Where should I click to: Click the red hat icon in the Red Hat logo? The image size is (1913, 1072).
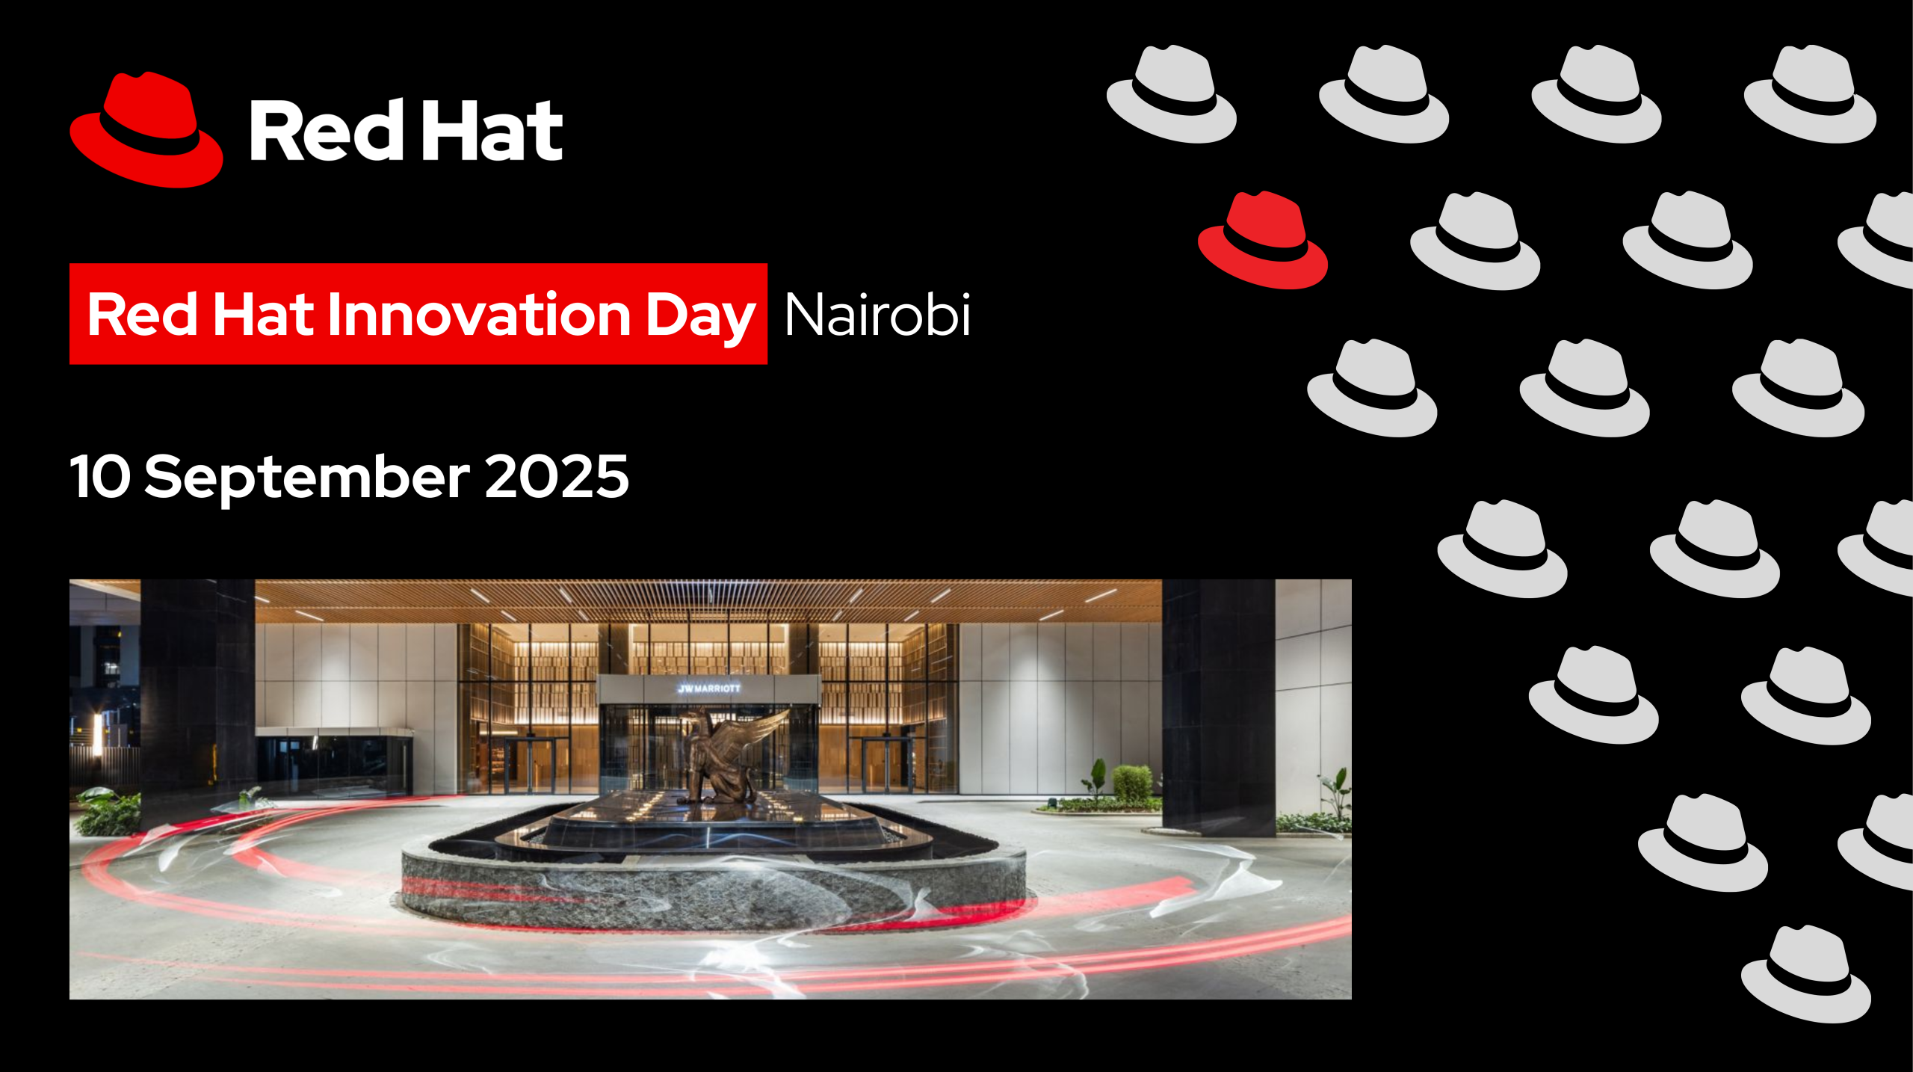coord(146,130)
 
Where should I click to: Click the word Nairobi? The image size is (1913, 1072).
coord(877,315)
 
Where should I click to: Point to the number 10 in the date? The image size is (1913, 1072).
coord(100,476)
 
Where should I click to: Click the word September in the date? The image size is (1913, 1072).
coord(307,479)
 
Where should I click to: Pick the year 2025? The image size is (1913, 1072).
coord(557,476)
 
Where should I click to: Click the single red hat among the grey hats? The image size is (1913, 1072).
coord(1263,240)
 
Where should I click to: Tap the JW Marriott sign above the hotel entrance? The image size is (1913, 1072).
coord(708,688)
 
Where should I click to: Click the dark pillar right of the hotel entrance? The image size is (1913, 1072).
coord(1218,707)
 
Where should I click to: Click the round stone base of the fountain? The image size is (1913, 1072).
coord(714,886)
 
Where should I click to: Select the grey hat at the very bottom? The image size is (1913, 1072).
coord(1806,974)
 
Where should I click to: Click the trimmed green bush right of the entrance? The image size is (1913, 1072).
coord(1132,783)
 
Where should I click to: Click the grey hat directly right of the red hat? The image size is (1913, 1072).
coord(1475,241)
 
